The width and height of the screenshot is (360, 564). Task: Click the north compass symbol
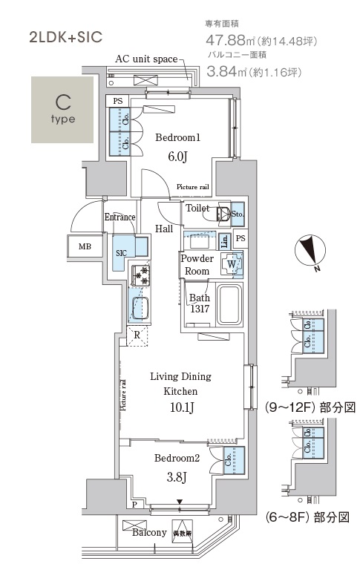coord(310,252)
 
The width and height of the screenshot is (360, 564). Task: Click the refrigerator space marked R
coord(137,335)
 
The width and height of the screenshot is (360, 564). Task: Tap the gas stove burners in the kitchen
coord(140,277)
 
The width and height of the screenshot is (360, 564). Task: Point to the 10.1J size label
coord(181,407)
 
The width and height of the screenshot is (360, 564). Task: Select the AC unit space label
coord(146,59)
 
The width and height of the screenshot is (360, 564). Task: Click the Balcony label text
coord(148,533)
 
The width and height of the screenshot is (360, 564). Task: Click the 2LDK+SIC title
coord(65,36)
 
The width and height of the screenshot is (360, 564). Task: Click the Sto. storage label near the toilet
coord(238,215)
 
